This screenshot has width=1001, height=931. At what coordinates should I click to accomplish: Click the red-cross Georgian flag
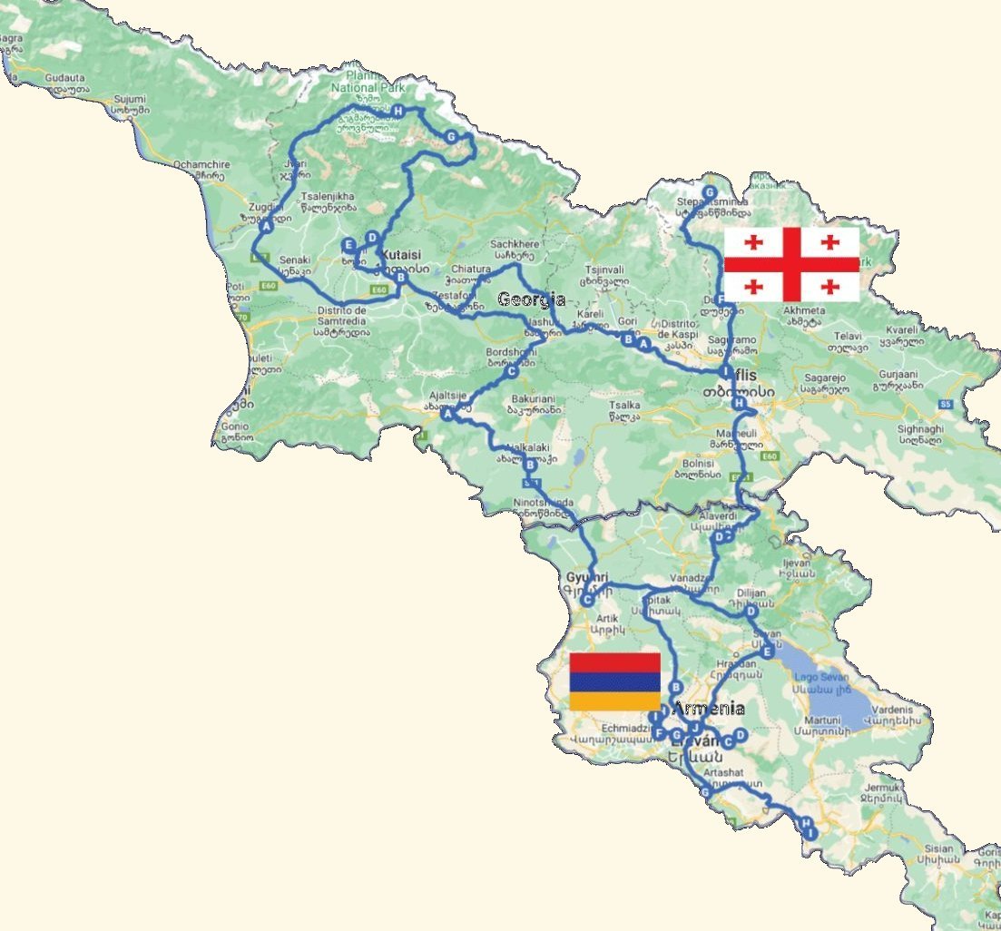pos(791,264)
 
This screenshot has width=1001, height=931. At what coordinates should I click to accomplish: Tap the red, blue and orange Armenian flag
pos(614,681)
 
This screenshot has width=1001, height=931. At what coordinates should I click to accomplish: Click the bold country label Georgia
pos(532,299)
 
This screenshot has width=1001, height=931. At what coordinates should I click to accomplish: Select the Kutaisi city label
pos(405,255)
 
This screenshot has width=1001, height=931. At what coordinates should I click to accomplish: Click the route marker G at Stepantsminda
pos(710,192)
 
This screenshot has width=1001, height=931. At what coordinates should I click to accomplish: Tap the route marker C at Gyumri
pos(588,599)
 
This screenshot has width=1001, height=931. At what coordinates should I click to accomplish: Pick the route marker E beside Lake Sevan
pos(768,651)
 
